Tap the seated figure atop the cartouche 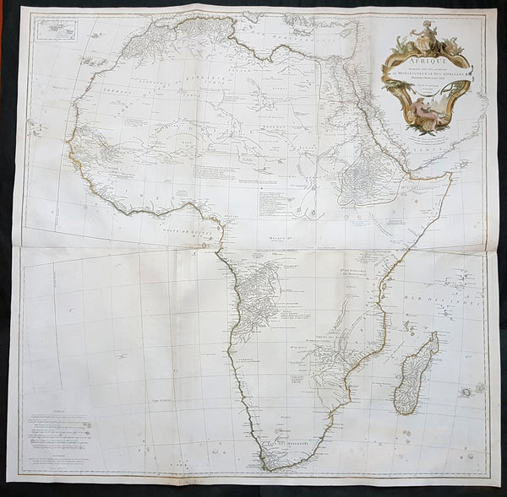(421, 32)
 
